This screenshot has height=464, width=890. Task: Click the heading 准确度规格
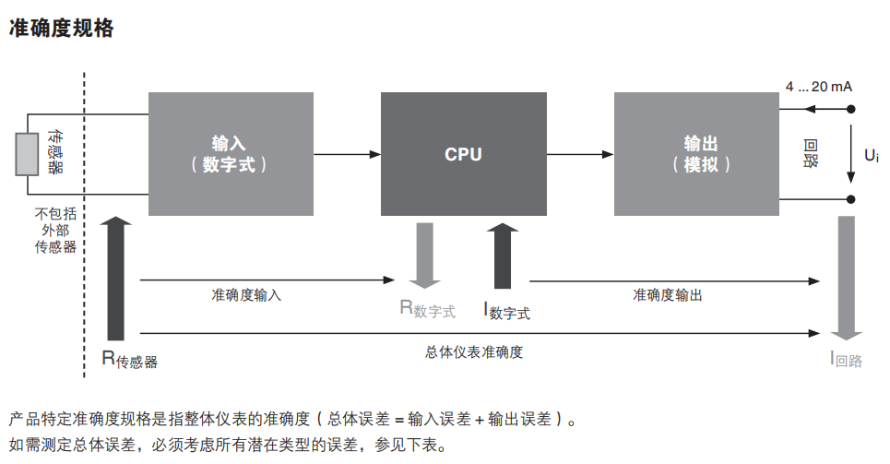61,29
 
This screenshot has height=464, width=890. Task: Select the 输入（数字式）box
231,154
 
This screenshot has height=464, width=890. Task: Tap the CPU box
463,154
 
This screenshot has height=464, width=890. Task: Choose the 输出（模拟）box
696,154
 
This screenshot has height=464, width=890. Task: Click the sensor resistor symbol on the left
27,154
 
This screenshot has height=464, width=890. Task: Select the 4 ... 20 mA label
818,87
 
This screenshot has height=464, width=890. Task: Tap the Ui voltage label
871,155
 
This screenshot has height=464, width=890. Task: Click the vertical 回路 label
811,154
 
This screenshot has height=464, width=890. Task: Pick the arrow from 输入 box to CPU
347,154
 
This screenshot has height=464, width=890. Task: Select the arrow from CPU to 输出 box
579,154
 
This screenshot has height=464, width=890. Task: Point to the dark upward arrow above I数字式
503,255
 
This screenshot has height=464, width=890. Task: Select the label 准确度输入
246,295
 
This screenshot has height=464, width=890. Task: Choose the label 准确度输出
667,295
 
